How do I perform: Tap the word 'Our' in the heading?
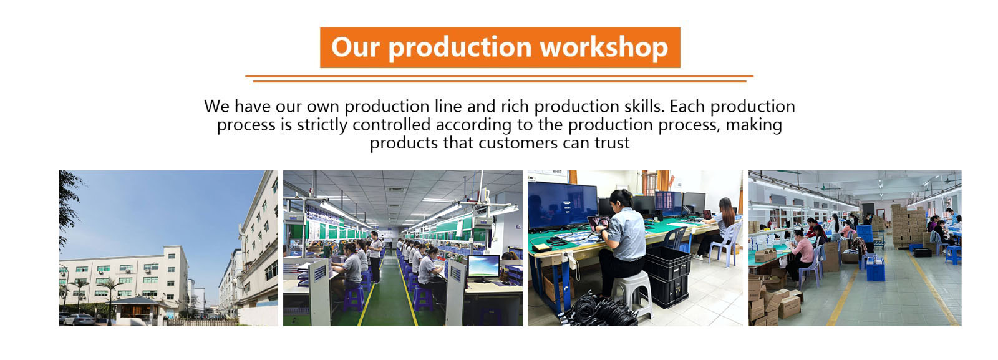pyautogui.click(x=355, y=47)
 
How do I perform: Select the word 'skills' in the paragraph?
pyautogui.click(x=642, y=107)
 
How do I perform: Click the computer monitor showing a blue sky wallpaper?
pyautogui.click(x=483, y=267)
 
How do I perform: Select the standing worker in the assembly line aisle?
pyautogui.click(x=375, y=257)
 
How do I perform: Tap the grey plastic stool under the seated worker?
pyautogui.click(x=632, y=293)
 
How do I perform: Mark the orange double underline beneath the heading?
pyautogui.click(x=499, y=79)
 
